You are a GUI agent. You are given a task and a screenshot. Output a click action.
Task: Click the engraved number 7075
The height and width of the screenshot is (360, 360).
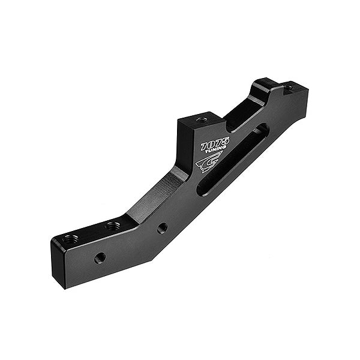click(x=215, y=144)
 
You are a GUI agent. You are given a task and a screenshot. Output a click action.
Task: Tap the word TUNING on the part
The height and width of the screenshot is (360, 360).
click(x=216, y=152)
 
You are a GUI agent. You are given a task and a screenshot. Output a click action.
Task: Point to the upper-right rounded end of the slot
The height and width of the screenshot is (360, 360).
click(x=262, y=130)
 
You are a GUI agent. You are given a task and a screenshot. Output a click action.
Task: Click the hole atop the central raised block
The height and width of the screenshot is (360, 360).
click(x=202, y=119)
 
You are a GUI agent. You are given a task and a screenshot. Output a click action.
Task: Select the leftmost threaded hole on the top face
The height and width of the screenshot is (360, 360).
click(x=71, y=239)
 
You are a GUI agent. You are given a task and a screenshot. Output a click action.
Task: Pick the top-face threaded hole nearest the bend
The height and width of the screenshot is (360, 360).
click(x=112, y=226)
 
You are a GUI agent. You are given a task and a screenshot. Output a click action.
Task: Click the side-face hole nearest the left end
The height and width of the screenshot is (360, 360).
click(x=100, y=258)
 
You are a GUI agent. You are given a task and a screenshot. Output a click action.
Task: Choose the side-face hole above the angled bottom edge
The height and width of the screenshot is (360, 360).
click(x=162, y=228)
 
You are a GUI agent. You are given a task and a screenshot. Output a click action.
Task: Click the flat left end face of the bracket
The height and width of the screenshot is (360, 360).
click(x=57, y=264)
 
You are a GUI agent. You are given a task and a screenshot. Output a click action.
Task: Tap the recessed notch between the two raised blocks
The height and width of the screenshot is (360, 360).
click(x=243, y=114)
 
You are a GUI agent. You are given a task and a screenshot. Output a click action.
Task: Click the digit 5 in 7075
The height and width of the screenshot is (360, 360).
click(x=225, y=141)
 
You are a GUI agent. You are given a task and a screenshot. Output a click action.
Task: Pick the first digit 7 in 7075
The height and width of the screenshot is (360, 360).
click(x=205, y=147)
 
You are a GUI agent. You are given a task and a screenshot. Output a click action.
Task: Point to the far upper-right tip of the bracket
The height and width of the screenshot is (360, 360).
click(x=307, y=88)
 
